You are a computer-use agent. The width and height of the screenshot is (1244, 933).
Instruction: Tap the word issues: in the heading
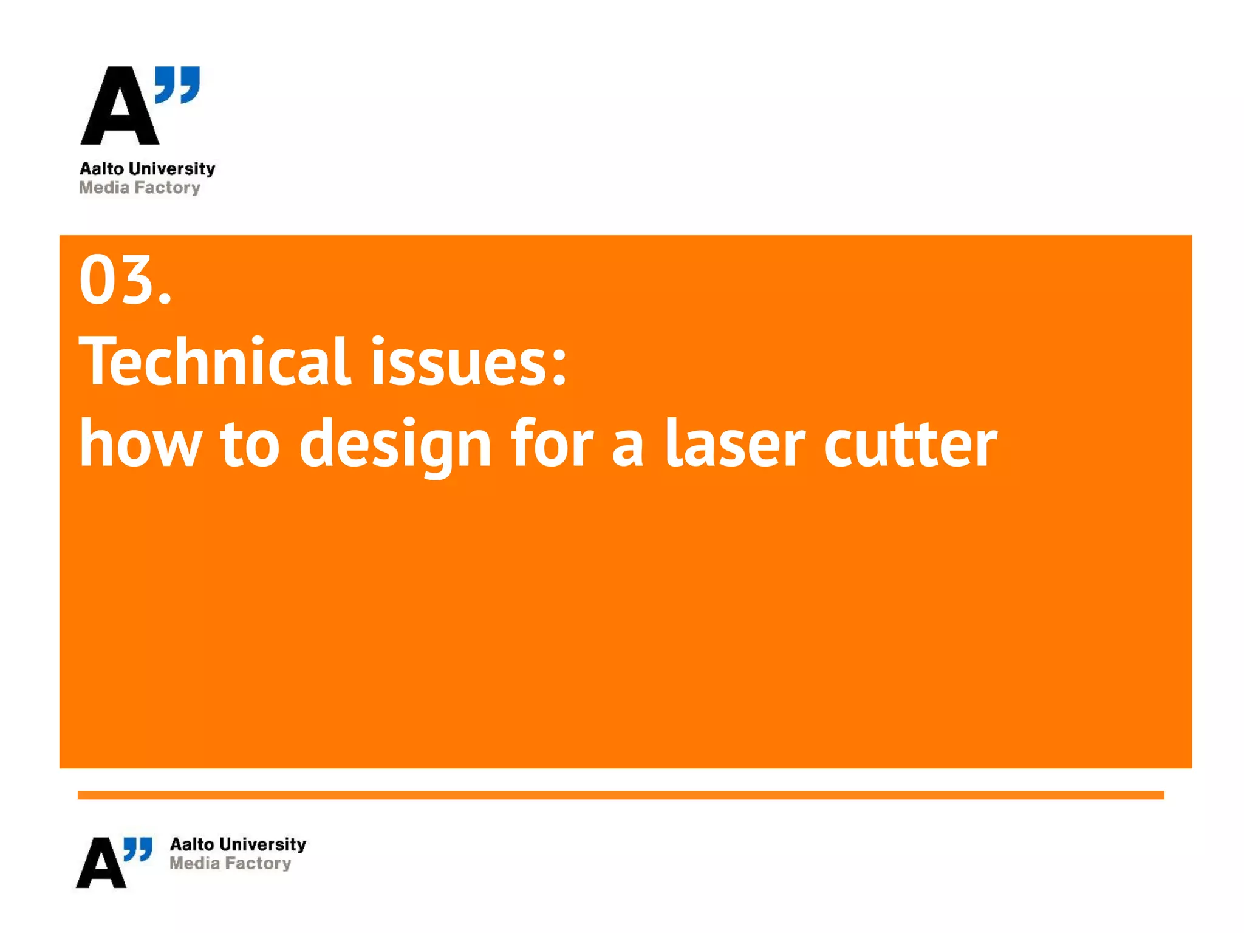tap(468, 362)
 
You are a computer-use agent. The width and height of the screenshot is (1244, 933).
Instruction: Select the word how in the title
tap(140, 444)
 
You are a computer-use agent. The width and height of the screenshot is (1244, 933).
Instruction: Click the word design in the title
tap(395, 446)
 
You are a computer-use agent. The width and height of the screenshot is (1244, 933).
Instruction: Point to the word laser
tap(735, 444)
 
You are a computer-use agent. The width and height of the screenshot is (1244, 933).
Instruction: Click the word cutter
tap(911, 444)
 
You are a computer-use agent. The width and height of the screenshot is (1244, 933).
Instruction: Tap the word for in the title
tap(552, 444)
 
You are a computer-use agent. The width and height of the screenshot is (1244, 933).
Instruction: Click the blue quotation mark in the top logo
tap(177, 84)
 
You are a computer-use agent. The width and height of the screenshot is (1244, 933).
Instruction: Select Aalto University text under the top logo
tap(148, 168)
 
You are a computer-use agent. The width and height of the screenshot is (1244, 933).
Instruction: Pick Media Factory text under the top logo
tap(140, 188)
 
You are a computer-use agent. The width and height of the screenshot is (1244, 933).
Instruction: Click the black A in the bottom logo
tap(101, 863)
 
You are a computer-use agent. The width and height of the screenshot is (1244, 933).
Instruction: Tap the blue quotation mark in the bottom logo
tap(138, 849)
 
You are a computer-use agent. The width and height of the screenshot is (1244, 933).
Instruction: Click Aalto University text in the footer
tap(238, 844)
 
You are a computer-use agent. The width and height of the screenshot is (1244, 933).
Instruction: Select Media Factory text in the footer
tap(230, 863)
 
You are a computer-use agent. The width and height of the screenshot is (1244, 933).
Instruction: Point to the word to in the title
tap(250, 444)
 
